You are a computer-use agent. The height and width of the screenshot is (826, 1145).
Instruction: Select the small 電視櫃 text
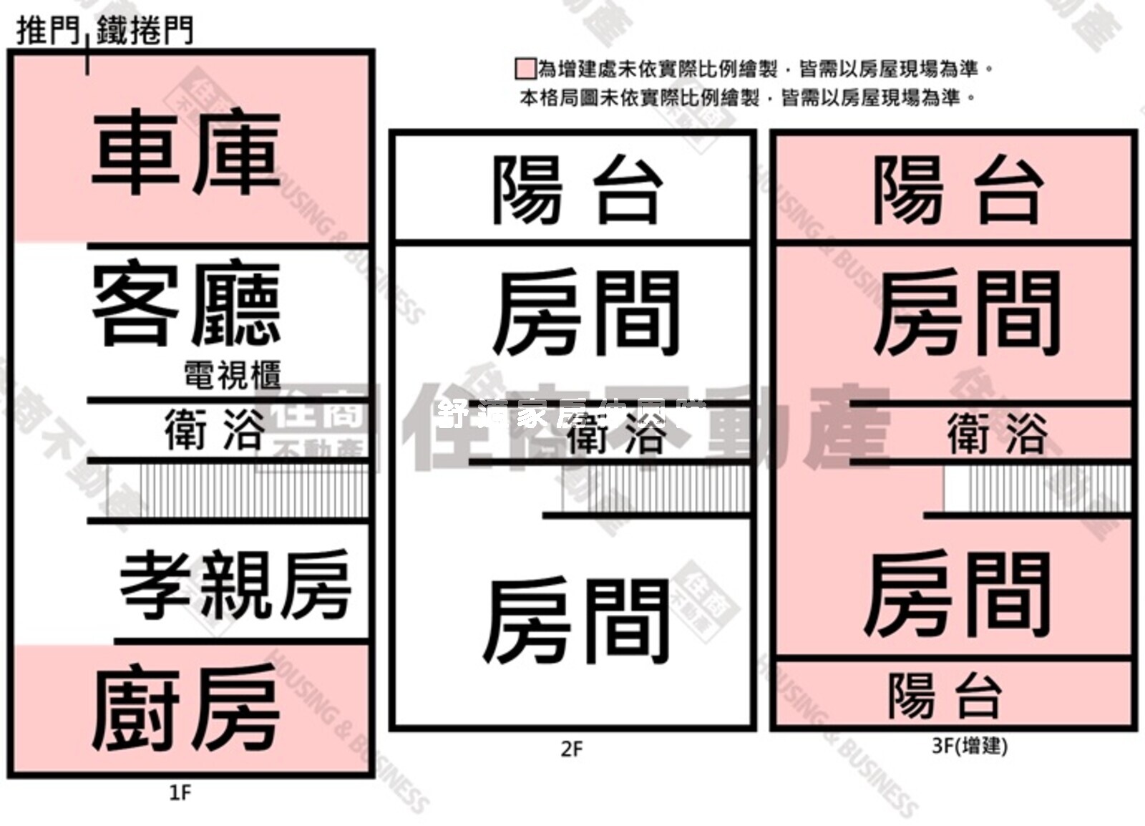pos(232,375)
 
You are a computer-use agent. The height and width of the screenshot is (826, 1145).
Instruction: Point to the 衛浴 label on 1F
pos(213,429)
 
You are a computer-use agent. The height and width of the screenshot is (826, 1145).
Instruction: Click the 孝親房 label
pos(235,586)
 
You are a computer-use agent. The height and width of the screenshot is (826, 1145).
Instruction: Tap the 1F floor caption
pos(180,792)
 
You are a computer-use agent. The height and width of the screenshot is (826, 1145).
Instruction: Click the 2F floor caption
pos(572,749)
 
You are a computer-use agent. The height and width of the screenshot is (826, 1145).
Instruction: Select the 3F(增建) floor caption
pos(970,746)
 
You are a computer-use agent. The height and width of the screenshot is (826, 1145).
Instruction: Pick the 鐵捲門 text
pos(145,31)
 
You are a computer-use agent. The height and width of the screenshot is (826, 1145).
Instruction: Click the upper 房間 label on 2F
pos(585,314)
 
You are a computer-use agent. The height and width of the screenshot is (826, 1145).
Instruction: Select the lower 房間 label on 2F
pos(577,621)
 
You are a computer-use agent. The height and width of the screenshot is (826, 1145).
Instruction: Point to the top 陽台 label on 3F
pos(956,190)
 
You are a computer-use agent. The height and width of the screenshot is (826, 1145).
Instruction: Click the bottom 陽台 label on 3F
pos(944,695)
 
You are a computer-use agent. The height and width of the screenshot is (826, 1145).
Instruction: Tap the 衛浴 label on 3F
pos(997,433)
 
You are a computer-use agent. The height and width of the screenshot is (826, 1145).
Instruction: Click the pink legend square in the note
pos(525,69)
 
